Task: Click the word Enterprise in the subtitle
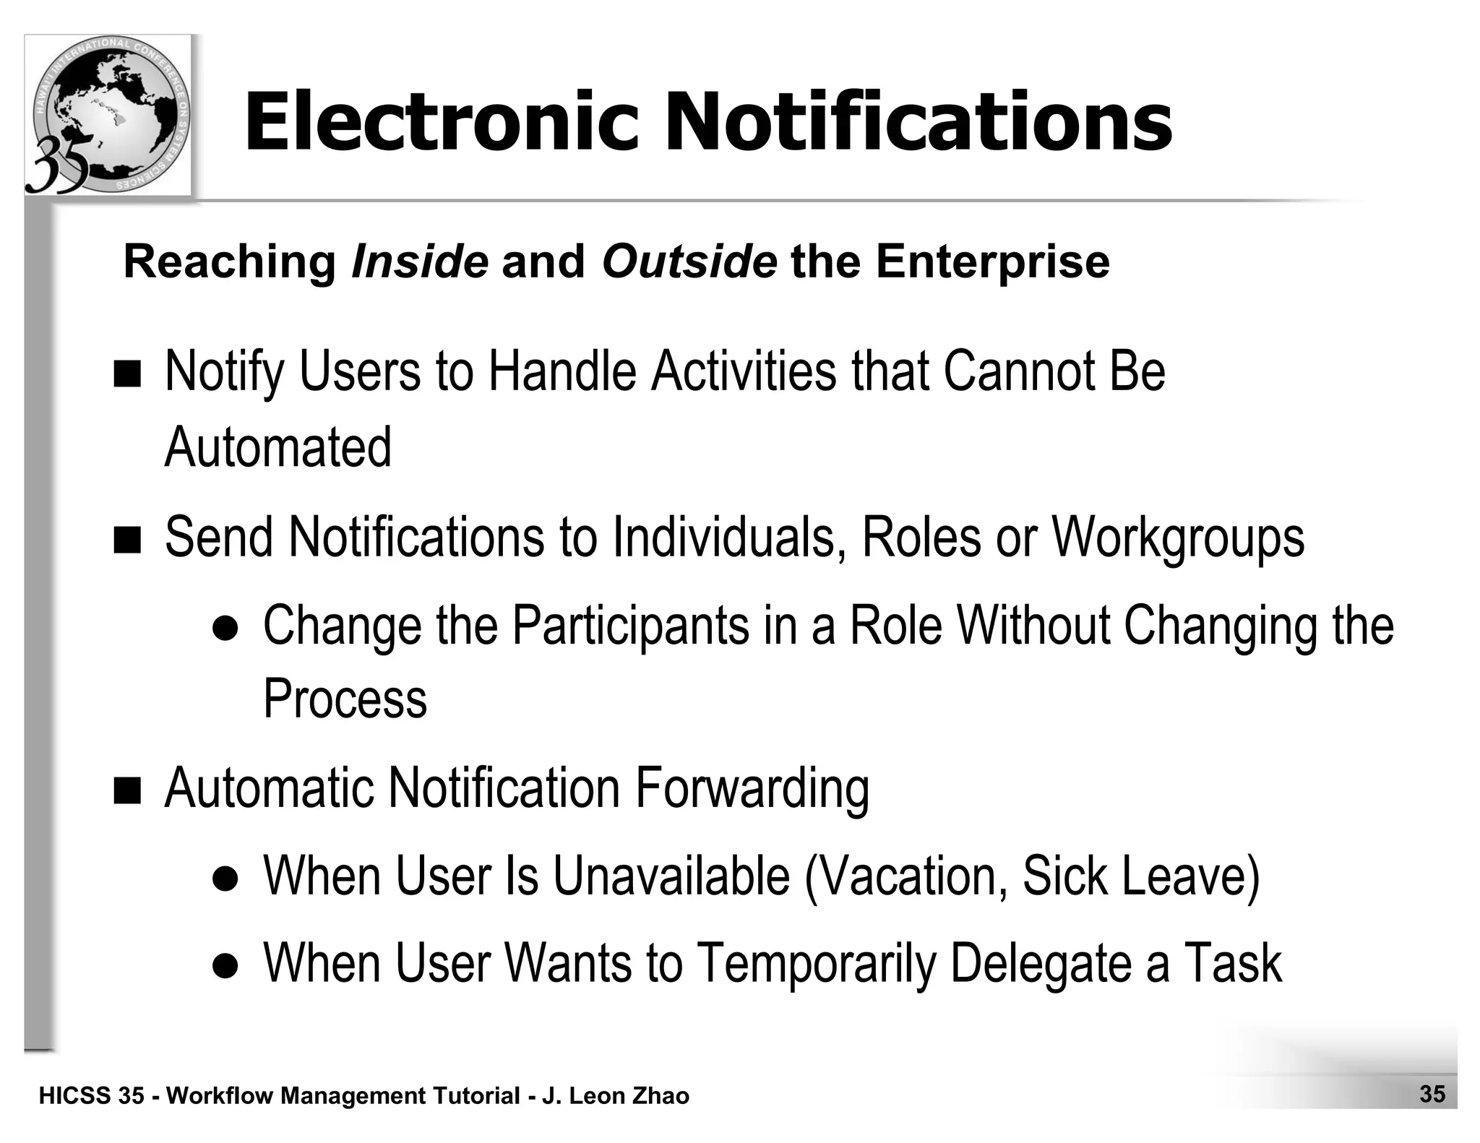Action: [992, 262]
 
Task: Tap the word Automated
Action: [278, 447]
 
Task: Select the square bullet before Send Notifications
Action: [128, 540]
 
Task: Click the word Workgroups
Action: [1177, 539]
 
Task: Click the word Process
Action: [345, 699]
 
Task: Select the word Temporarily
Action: [817, 964]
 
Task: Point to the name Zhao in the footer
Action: [661, 1096]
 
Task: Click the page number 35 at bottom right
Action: [1432, 1094]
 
